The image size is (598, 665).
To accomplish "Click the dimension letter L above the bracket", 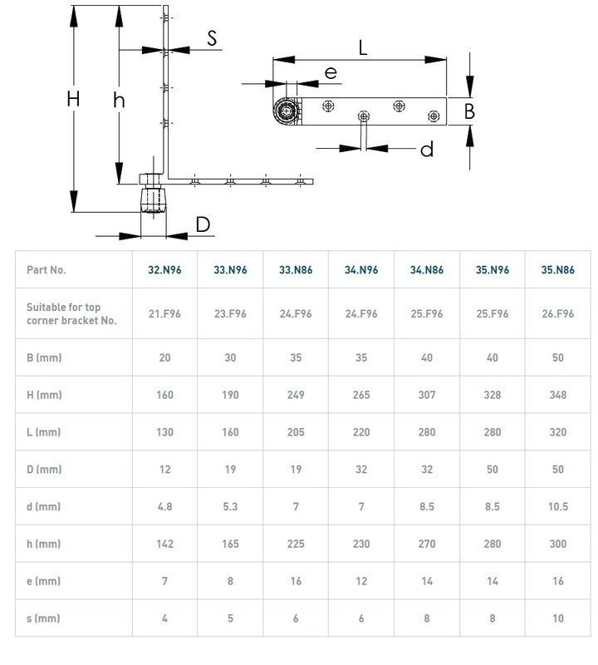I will [363, 48].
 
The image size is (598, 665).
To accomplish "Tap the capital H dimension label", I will [73, 99].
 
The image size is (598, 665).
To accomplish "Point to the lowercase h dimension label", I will [119, 100].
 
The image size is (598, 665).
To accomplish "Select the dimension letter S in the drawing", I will [212, 37].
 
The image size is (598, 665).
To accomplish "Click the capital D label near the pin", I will [203, 224].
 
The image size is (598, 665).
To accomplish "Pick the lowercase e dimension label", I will [331, 73].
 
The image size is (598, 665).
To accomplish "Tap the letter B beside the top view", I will [469, 111].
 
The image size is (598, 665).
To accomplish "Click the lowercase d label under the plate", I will [426, 150].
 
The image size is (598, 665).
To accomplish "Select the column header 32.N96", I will [164, 269].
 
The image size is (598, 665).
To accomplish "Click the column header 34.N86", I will [427, 269].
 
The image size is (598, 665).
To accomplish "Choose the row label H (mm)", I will [44, 395].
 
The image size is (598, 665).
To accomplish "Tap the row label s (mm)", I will [43, 618].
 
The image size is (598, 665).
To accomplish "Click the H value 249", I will [296, 395].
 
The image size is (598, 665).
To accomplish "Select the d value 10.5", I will [557, 507].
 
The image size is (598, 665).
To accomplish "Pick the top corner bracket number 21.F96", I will [164, 313].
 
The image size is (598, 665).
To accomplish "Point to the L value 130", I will [164, 432].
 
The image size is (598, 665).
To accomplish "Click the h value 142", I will [164, 544].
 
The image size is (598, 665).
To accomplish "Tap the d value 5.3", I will [230, 507].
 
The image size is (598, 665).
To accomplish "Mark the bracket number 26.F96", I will [557, 313].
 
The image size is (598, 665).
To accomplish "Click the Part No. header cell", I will [47, 269].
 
